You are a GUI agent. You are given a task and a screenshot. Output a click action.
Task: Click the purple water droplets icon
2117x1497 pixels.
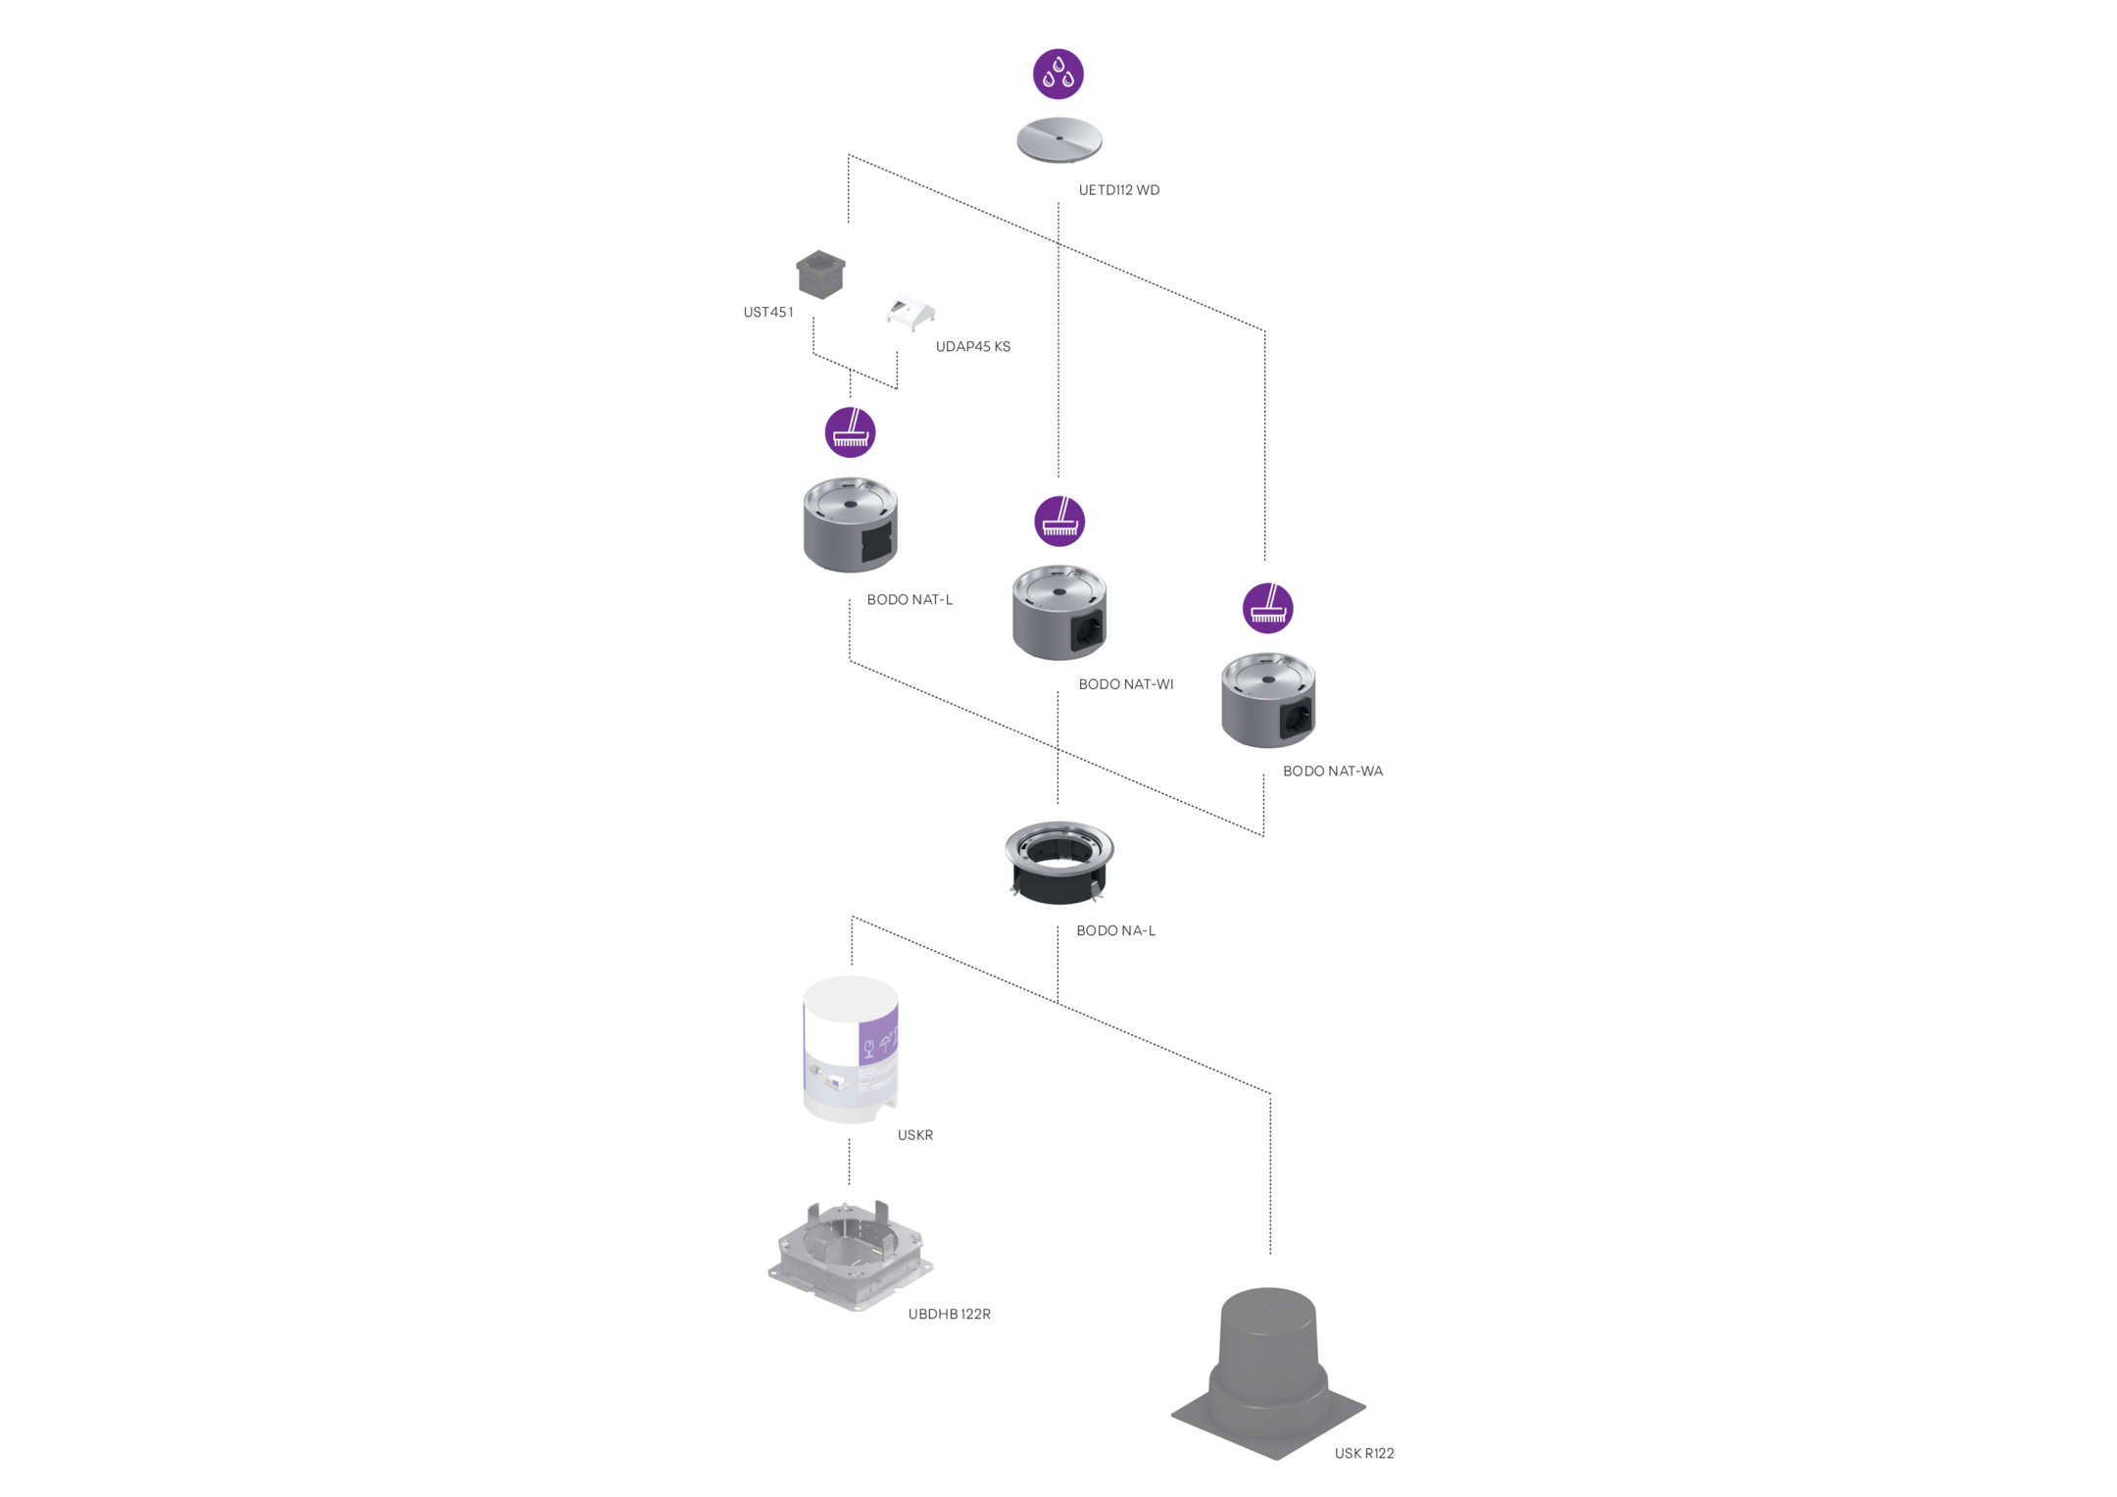tap(1058, 74)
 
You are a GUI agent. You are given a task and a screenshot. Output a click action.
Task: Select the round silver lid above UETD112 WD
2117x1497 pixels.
tap(1058, 140)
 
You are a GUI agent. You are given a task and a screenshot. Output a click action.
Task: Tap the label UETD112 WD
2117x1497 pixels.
tap(1118, 190)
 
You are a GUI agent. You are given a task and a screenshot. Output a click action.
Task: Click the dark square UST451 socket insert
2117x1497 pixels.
tap(820, 274)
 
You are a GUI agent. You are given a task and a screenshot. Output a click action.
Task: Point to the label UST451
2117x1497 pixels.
tap(767, 313)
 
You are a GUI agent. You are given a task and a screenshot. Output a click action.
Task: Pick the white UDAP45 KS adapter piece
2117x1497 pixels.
tap(911, 312)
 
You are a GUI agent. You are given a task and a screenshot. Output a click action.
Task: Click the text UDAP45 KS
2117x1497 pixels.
tap(972, 347)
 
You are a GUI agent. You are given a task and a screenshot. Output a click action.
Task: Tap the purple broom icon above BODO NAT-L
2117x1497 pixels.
tap(850, 432)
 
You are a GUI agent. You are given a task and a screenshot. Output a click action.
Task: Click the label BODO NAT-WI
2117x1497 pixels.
tap(1125, 684)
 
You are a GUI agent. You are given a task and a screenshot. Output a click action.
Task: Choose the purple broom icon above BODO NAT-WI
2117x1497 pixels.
tap(1059, 521)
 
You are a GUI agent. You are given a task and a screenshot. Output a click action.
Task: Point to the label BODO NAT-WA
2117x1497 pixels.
tap(1332, 772)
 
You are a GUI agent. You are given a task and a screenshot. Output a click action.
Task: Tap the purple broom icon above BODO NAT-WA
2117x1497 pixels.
tap(1267, 608)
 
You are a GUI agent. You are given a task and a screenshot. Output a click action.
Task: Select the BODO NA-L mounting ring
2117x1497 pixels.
tap(1058, 862)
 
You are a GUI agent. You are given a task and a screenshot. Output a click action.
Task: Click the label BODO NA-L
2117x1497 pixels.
tap(1115, 931)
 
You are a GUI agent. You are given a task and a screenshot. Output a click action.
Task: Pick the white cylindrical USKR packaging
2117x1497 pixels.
tap(850, 1047)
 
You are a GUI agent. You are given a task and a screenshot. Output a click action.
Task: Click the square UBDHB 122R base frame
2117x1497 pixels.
tap(849, 1257)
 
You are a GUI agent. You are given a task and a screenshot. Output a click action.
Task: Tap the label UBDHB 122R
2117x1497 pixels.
tap(949, 1315)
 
